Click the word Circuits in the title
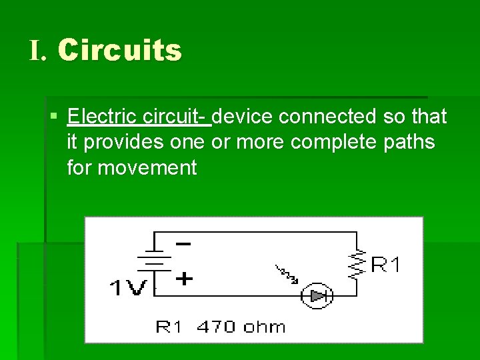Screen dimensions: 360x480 tap(119, 51)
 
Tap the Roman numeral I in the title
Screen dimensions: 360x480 tap(37, 51)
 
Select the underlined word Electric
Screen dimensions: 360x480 tap(103, 117)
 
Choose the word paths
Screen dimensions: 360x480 tap(407, 142)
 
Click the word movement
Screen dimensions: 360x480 tap(147, 167)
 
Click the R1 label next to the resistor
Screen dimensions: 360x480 tap(386, 265)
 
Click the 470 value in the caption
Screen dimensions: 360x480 tap(215, 327)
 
